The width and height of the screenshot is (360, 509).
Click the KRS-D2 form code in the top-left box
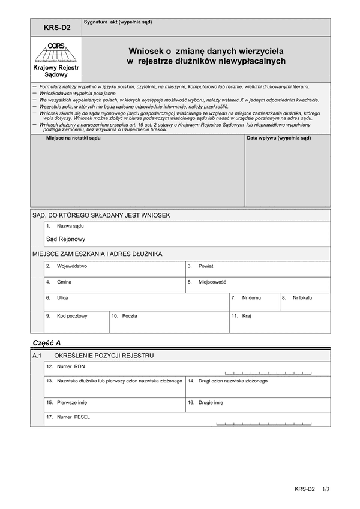56,27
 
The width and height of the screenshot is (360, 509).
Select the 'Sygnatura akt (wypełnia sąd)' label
118,22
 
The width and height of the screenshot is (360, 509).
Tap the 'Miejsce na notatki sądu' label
74,138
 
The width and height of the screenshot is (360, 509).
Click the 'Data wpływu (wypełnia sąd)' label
279,138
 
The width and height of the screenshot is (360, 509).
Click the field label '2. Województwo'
67,266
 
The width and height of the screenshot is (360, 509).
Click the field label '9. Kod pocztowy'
67,315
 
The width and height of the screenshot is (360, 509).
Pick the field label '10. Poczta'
124,315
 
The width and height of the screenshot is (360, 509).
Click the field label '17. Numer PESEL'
68,417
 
